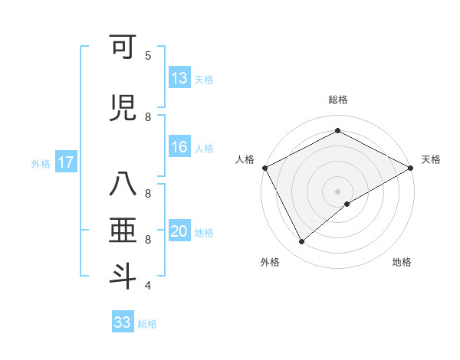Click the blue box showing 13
click(179, 77)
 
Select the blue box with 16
click(179, 147)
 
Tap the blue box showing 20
click(179, 232)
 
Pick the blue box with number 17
click(66, 162)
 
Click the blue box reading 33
click(123, 322)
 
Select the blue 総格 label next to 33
click(147, 323)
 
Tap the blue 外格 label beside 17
click(40, 163)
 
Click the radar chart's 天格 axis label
click(431, 159)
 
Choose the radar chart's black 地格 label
click(402, 262)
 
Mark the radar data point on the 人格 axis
click(264, 167)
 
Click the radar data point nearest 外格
click(302, 242)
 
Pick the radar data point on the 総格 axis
click(337, 131)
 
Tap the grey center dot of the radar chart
click(337, 191)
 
